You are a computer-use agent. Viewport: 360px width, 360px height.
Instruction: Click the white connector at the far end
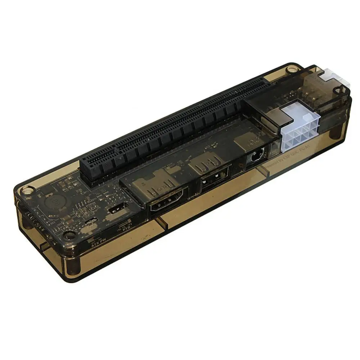335,78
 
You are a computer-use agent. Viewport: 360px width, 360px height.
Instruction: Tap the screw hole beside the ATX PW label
68,236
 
